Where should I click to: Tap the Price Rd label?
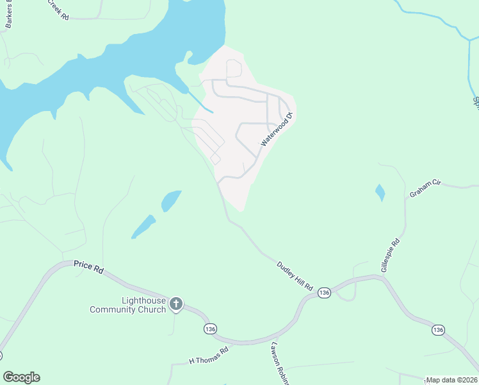pos(88,266)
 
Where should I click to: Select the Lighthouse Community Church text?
pos(127,305)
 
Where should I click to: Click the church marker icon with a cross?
pos(176,304)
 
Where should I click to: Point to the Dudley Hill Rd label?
pos(295,276)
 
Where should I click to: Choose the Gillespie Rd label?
pos(391,255)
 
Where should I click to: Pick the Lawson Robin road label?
pos(280,363)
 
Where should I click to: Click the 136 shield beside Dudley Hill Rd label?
pos(324,293)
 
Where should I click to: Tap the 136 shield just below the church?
pos(210,329)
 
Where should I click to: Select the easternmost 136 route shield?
pos(438,330)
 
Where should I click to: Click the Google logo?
pos(21,377)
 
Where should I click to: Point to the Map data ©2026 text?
pos(451,380)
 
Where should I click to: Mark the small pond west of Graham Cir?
pos(380,192)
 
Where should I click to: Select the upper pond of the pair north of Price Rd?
pos(170,201)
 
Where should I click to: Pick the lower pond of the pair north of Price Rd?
pos(143,227)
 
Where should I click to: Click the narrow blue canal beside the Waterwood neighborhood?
pos(200,101)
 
